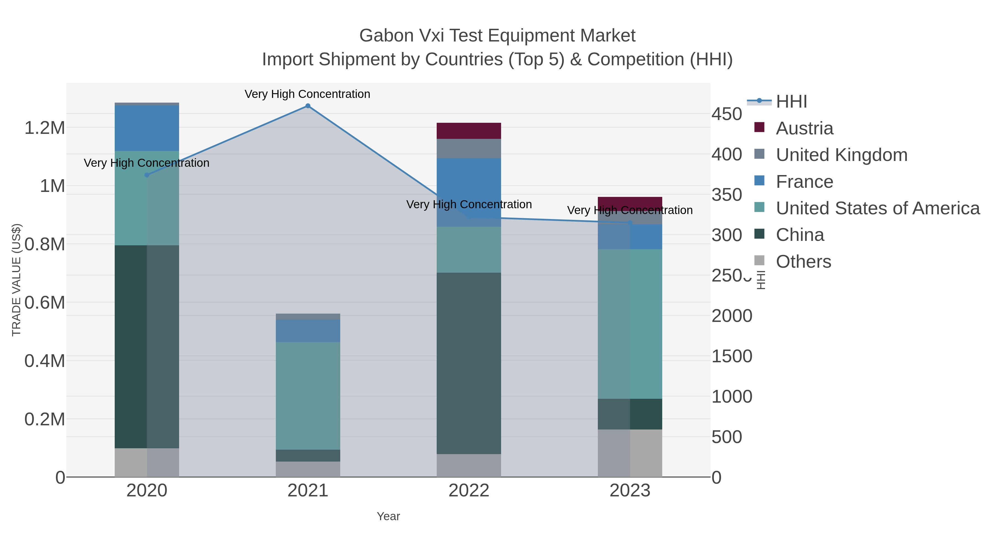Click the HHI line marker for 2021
point(308,106)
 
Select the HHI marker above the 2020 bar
point(147,175)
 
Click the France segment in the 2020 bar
point(147,128)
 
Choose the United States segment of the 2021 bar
point(308,395)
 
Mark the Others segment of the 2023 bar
point(630,453)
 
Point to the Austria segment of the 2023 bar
point(630,203)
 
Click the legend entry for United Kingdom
point(841,155)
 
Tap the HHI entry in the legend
point(791,102)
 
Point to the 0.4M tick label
point(45,361)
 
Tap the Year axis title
point(388,516)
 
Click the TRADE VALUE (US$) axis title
point(17,280)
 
